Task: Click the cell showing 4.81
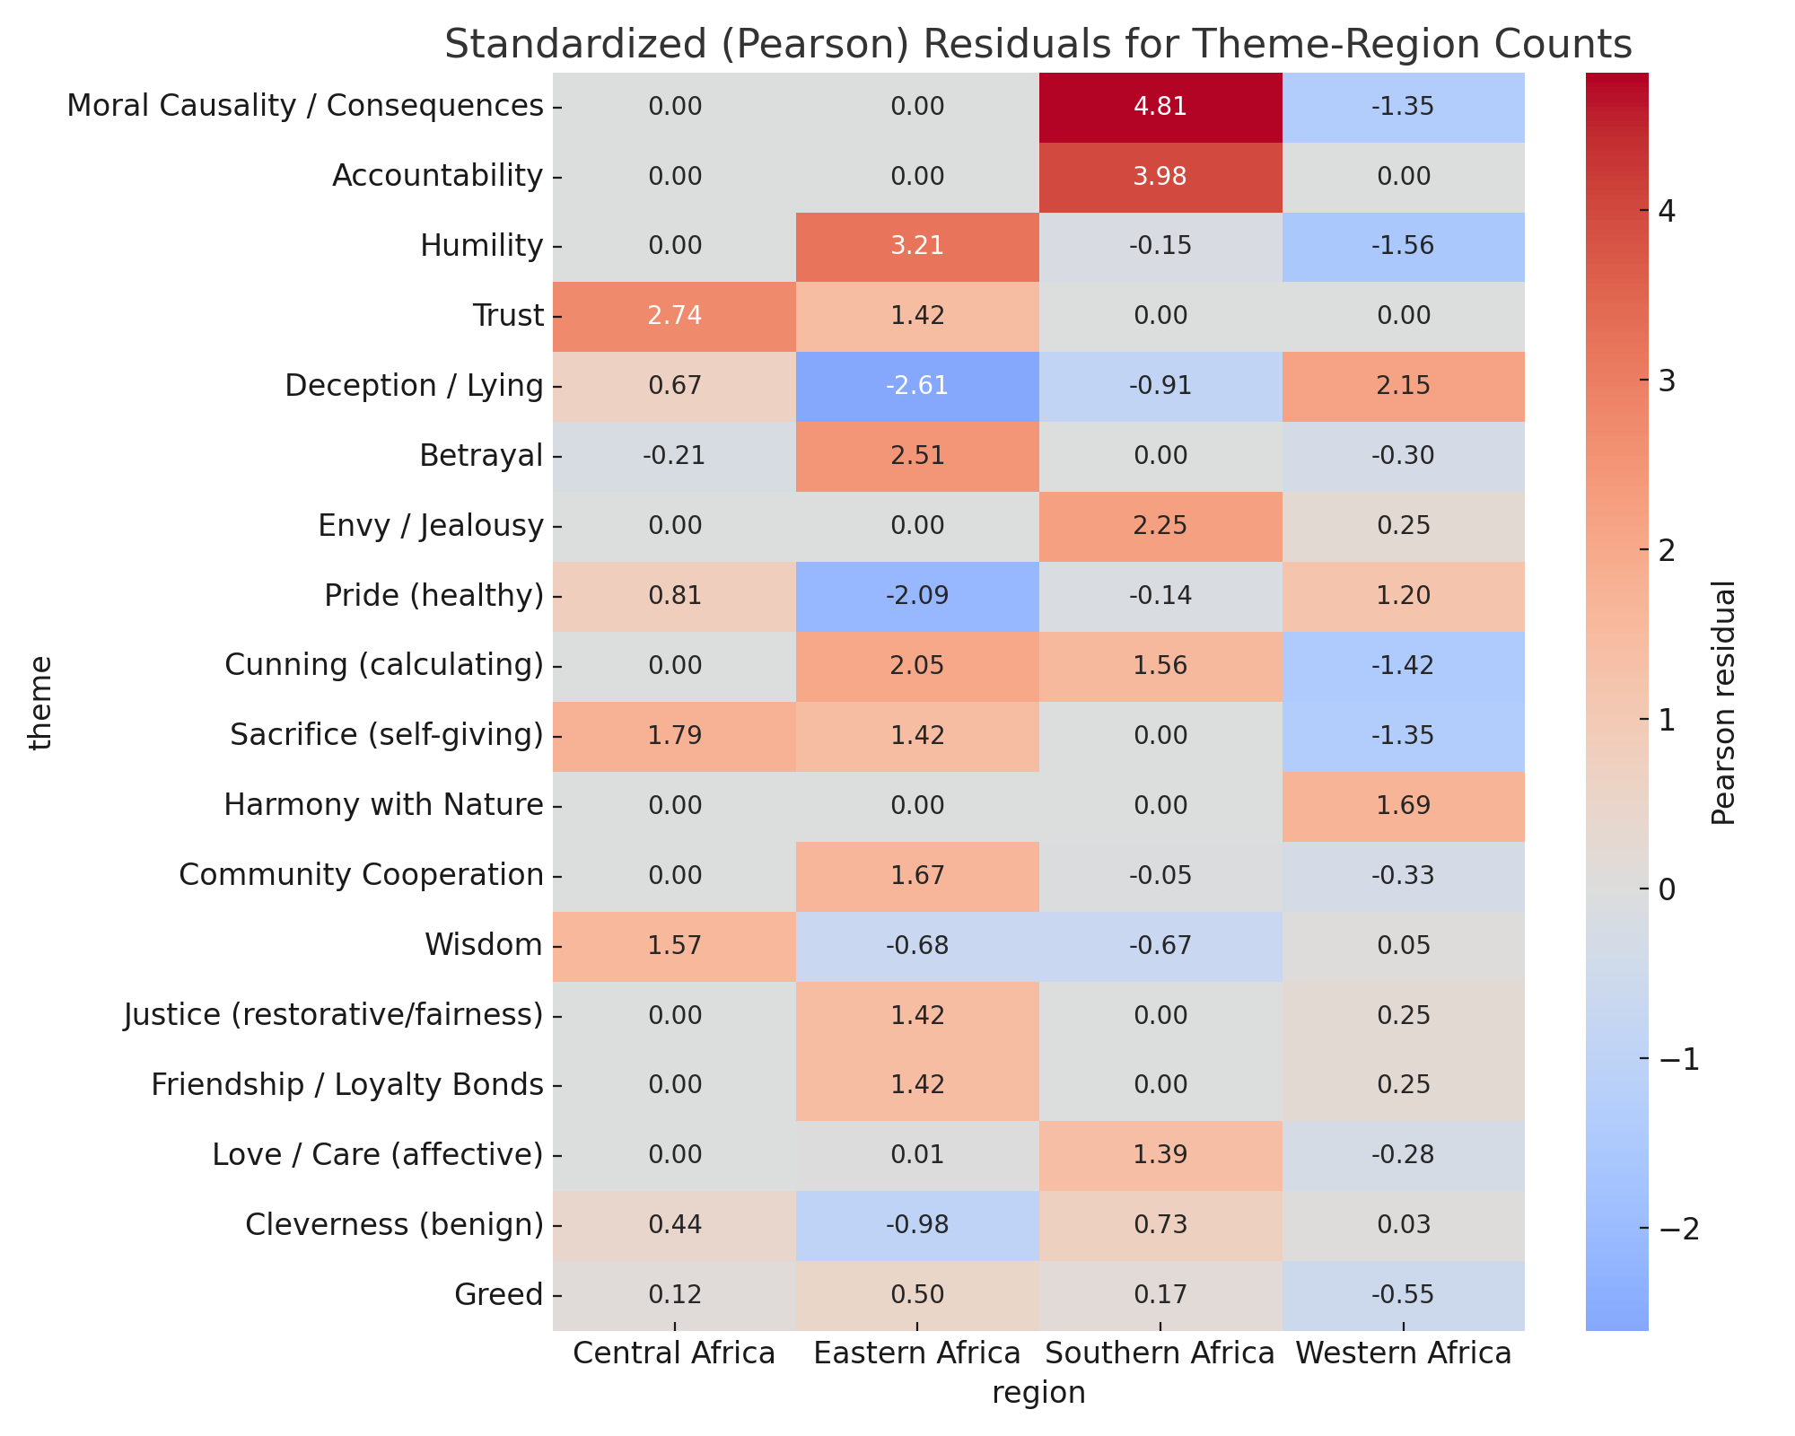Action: pos(1160,107)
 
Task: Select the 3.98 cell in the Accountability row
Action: pos(1160,177)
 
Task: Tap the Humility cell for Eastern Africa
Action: pos(916,247)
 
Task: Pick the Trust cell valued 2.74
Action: pos(673,316)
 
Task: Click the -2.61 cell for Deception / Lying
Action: pos(916,386)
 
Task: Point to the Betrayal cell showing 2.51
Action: pos(916,456)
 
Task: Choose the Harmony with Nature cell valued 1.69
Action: pos(1404,805)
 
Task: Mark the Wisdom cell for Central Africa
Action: pos(673,945)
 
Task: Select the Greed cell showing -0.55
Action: pos(1404,1294)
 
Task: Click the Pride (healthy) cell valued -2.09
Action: pos(916,596)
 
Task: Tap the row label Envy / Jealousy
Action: pos(431,526)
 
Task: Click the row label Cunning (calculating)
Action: pos(384,666)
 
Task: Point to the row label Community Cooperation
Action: pos(361,875)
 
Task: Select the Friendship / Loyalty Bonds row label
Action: pos(346,1085)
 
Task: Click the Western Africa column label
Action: pos(1404,1353)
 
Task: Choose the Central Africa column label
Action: pos(673,1353)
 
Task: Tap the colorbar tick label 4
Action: pos(1668,212)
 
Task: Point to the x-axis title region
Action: pos(1038,1393)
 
